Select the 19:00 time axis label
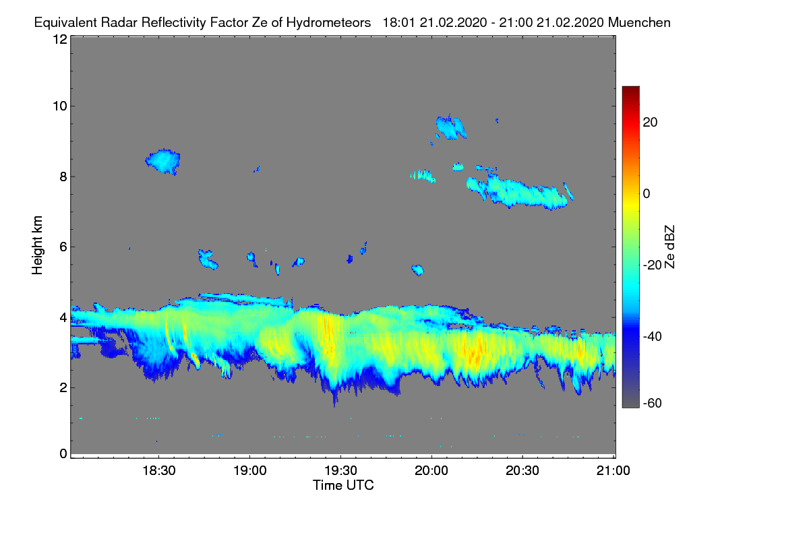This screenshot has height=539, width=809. tap(249, 471)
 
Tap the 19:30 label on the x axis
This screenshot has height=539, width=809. tap(340, 471)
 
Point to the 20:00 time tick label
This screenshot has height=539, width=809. tap(431, 471)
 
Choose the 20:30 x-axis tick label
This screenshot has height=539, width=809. tap(522, 471)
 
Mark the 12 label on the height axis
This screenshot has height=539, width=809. tap(59, 39)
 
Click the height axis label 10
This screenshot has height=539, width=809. tap(59, 106)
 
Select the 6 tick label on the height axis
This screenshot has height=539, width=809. tap(63, 247)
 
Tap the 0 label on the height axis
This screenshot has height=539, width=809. tap(63, 453)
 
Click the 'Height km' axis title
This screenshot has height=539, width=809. tap(38, 245)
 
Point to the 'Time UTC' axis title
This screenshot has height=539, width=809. tap(343, 485)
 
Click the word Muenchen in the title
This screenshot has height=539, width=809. tap(639, 22)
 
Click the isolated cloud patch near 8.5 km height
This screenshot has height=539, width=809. tap(163, 161)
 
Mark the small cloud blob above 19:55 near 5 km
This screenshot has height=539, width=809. tap(417, 270)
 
